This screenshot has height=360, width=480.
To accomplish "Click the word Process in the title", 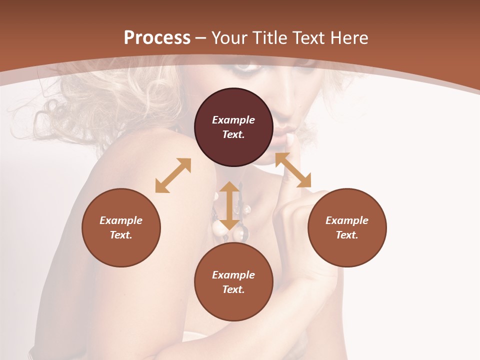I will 157,38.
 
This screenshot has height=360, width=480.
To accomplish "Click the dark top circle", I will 233,127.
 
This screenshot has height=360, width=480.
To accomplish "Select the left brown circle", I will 121,227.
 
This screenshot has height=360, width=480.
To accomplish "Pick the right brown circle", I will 346,227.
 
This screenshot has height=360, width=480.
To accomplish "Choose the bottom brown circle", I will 233,281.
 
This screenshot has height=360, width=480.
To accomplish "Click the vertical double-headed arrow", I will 229,205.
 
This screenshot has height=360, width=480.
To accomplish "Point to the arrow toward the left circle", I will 173,175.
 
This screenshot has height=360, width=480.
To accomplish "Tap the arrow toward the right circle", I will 293,170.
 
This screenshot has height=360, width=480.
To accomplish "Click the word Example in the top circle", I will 233,120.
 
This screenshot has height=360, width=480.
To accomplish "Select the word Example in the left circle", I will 121,220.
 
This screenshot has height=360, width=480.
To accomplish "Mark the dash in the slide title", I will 201,38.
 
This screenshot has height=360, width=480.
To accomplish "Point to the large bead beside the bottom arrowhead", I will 219,228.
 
